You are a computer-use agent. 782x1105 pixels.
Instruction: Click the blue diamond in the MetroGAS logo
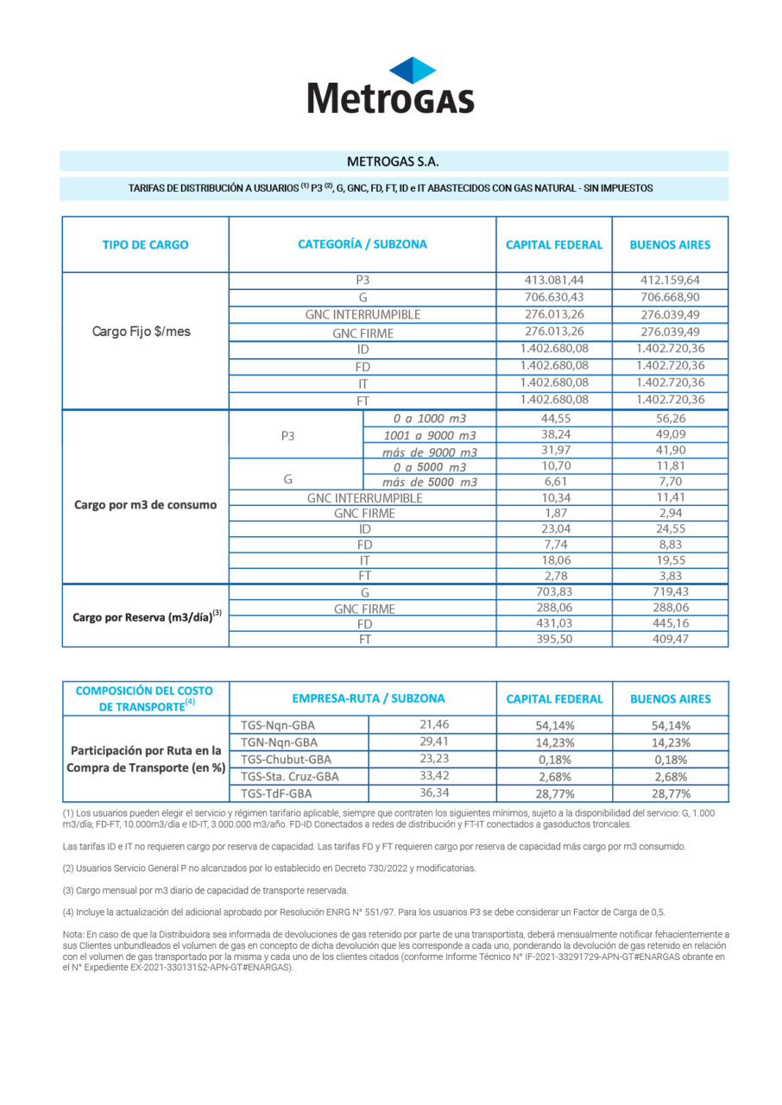click(413, 70)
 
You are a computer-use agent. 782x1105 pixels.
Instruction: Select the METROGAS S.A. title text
click(393, 161)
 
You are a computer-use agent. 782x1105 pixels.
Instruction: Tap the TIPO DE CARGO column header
click(145, 244)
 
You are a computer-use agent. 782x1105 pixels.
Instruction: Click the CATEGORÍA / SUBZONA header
click(363, 244)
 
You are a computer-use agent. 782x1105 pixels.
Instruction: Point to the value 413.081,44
click(554, 281)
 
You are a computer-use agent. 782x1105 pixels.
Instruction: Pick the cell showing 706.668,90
click(670, 297)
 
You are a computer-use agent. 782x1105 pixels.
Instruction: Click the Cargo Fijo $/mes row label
click(142, 331)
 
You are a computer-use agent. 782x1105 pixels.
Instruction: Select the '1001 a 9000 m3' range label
click(429, 435)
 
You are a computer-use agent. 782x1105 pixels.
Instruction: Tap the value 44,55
click(554, 419)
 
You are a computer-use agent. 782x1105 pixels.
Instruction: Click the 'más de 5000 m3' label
click(429, 482)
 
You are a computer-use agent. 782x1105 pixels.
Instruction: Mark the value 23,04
click(554, 528)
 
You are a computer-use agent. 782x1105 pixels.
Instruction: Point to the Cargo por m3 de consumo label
click(145, 505)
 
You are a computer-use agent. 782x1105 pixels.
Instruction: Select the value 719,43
click(670, 592)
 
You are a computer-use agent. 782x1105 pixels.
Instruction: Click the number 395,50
click(554, 639)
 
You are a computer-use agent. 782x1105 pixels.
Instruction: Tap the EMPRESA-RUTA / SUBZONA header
click(363, 698)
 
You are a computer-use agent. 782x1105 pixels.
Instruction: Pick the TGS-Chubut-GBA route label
click(285, 759)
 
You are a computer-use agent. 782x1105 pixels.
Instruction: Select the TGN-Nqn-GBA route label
click(279, 742)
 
